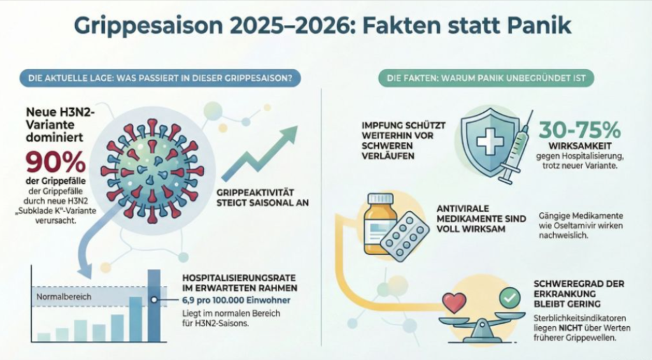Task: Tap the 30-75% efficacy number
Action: [579, 131]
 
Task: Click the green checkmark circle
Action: [509, 297]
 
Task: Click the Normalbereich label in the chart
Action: [55, 297]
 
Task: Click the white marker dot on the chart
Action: [153, 299]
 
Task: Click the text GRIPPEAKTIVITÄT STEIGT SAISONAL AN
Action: [263, 198]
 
